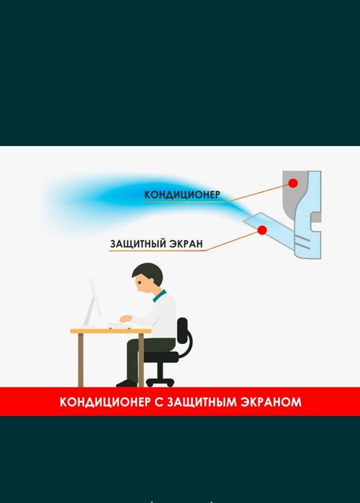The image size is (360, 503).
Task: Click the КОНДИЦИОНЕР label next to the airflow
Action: pos(182,195)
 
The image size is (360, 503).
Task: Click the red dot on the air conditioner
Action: pos(294,183)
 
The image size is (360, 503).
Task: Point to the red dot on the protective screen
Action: pos(262,230)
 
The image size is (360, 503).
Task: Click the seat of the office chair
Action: pos(162,355)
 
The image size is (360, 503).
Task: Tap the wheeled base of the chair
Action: pos(160,380)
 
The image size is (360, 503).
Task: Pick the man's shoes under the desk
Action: pos(127,383)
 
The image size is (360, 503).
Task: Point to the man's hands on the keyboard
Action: pos(124,320)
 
